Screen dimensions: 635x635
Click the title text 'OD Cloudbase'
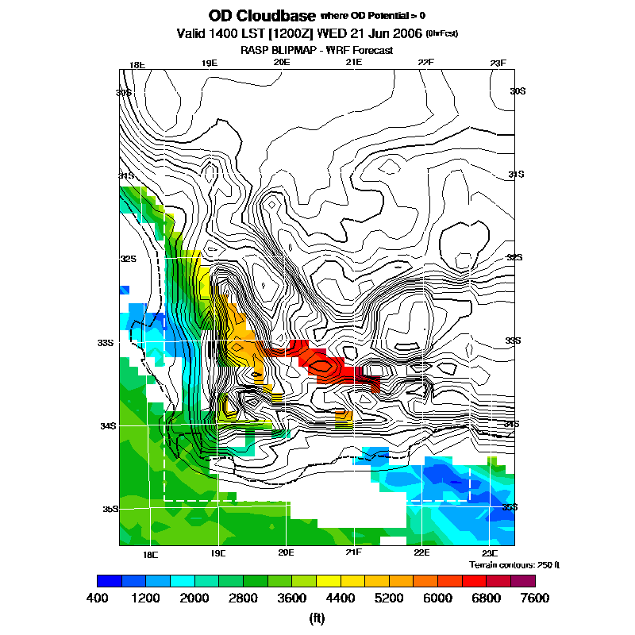click(261, 16)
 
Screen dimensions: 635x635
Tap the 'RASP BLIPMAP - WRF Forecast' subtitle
click(317, 50)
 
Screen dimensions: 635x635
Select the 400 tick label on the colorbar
click(97, 598)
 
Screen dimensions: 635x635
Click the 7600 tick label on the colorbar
click(534, 598)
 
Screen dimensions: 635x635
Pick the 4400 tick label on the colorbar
click(316, 598)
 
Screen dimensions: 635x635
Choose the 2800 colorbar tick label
click(229, 598)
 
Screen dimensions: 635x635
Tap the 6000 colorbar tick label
click(403, 598)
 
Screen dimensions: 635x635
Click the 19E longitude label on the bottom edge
click(218, 553)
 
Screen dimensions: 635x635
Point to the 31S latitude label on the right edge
click(517, 175)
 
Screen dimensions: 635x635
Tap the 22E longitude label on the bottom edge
click(421, 553)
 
